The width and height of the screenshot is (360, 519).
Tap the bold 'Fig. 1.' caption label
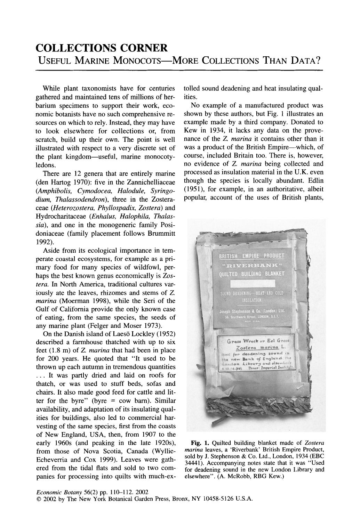pyautogui.click(x=200, y=443)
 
